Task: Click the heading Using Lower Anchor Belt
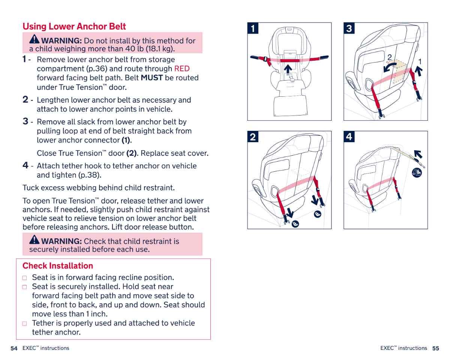pyautogui.click(x=74, y=27)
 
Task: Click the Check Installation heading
pyautogui.click(x=58, y=266)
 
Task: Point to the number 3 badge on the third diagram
pyautogui.click(x=349, y=28)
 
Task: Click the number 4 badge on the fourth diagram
pyautogui.click(x=349, y=137)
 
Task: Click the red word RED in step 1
pyautogui.click(x=182, y=69)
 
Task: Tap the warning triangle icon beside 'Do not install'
pyautogui.click(x=34, y=39)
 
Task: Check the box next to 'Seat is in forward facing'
pyautogui.click(x=24, y=278)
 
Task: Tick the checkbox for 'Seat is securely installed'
pyautogui.click(x=24, y=287)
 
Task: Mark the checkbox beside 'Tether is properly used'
pyautogui.click(x=24, y=324)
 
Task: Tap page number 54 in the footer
pyautogui.click(x=14, y=348)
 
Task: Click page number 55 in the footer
pyautogui.click(x=435, y=348)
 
